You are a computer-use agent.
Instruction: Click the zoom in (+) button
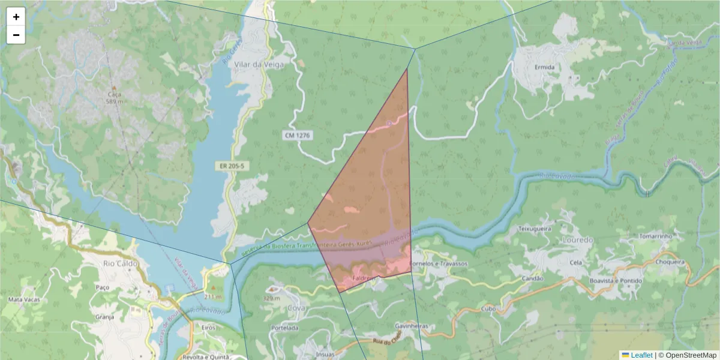(16, 17)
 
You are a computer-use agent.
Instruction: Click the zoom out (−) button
(16, 35)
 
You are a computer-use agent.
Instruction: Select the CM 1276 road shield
(297, 136)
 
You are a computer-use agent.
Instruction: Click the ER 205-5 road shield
(232, 165)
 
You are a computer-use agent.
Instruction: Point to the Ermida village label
(544, 67)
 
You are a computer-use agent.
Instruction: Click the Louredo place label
(577, 240)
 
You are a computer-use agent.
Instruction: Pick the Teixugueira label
(534, 229)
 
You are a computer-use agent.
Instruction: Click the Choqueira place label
(670, 262)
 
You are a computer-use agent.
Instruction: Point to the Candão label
(532, 278)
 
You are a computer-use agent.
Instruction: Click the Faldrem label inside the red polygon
(364, 279)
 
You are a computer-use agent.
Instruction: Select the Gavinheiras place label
(410, 326)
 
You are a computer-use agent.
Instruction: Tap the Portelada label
(284, 328)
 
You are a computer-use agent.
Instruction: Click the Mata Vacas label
(24, 299)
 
